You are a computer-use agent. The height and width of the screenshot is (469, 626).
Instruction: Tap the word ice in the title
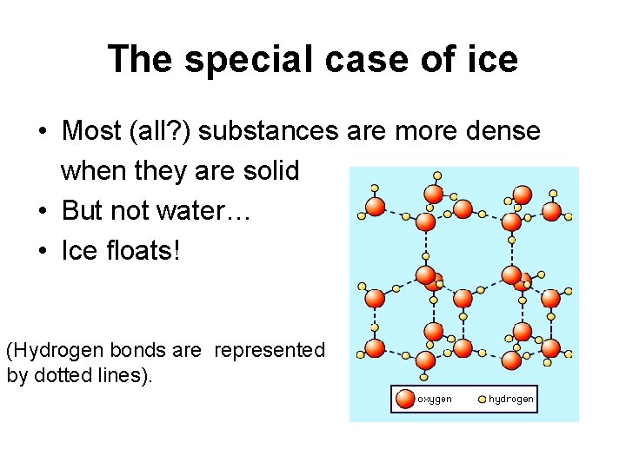490,60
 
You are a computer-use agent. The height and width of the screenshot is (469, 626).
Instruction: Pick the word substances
275,132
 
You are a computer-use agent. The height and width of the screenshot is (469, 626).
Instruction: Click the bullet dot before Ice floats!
43,252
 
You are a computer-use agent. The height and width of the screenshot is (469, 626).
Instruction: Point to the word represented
270,351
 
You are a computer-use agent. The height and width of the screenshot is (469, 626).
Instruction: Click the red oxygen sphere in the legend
406,400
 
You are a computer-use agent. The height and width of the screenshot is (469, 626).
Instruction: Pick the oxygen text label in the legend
435,400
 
